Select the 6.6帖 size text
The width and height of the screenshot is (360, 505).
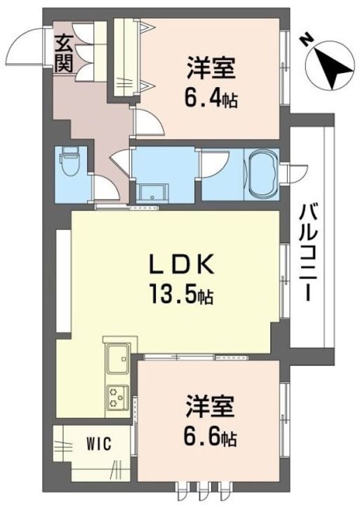[211, 437]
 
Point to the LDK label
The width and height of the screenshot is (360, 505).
[182, 264]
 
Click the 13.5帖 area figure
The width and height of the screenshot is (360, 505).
[181, 293]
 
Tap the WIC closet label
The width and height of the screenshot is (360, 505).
[99, 444]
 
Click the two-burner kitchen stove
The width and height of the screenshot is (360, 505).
[117, 397]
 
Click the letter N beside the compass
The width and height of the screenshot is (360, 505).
[305, 39]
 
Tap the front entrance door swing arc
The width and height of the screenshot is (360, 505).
[24, 48]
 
